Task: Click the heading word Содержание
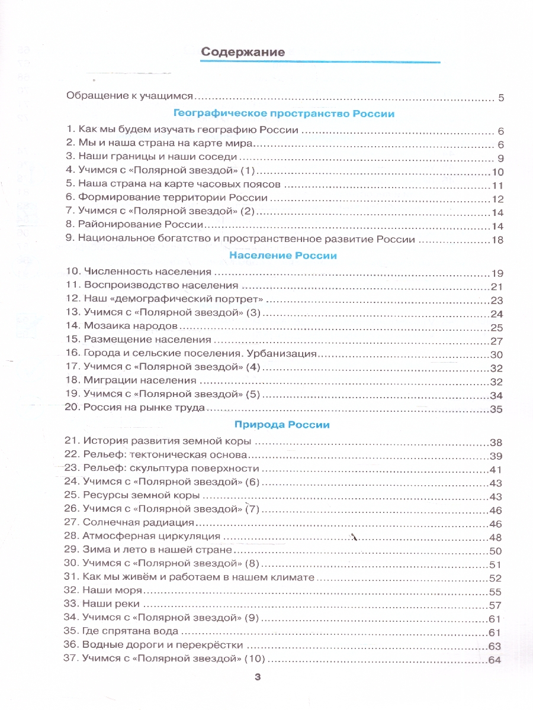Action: point(243,52)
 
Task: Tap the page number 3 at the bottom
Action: point(257,678)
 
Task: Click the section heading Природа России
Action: point(282,424)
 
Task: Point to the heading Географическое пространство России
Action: point(284,113)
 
